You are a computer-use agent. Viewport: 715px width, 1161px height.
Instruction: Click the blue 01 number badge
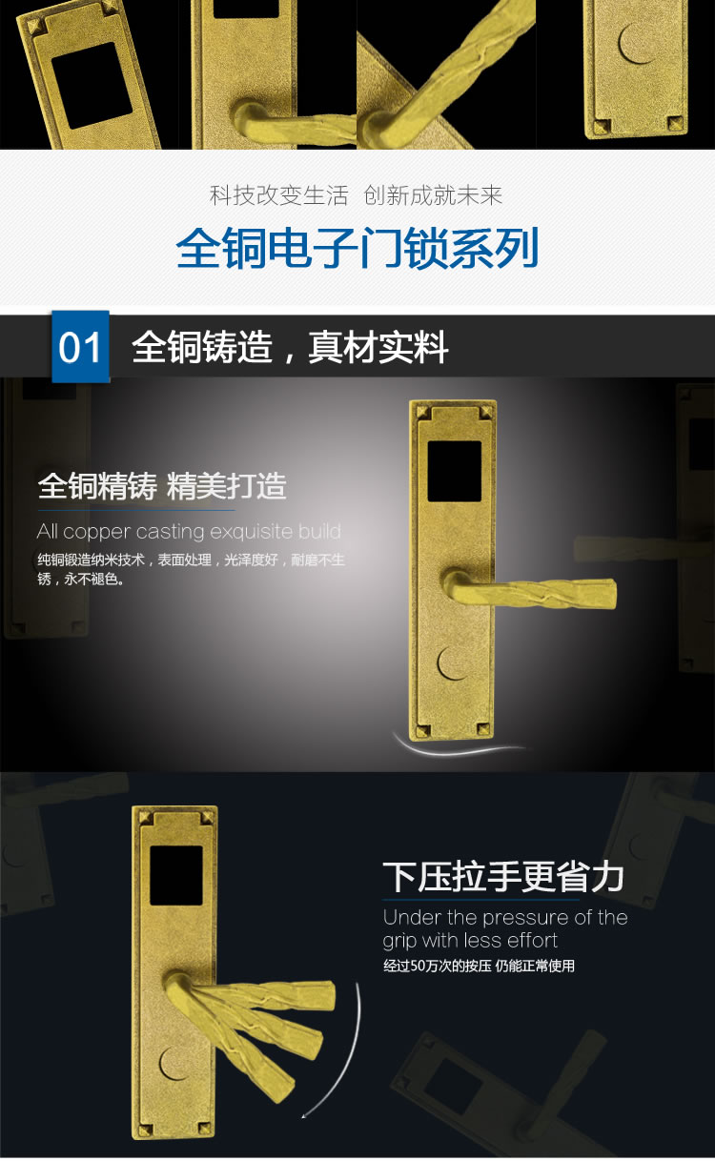tap(80, 347)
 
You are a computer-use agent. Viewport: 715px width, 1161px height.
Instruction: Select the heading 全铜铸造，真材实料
tap(290, 348)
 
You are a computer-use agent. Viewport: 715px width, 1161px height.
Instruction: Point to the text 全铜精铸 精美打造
tap(162, 486)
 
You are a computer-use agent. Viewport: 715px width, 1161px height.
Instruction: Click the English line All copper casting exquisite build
tap(189, 531)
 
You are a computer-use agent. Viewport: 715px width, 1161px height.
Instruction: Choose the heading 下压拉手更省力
tap(502, 876)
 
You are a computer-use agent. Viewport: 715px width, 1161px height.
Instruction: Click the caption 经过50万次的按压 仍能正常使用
tap(479, 966)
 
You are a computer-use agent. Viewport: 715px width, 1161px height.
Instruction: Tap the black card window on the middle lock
tap(454, 471)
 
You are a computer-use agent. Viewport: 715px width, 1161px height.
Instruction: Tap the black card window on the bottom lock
tap(176, 875)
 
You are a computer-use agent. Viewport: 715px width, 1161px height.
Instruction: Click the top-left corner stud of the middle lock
tap(420, 411)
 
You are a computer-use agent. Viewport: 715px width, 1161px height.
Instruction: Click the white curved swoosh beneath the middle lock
tap(458, 745)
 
